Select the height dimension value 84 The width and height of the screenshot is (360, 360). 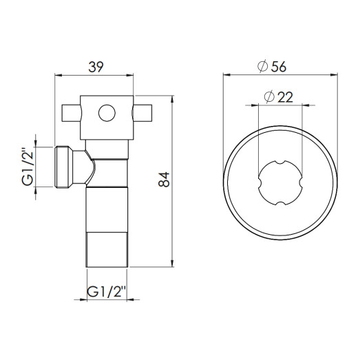point(163,180)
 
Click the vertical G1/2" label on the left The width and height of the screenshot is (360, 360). point(27,167)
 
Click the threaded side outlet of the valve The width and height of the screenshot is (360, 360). point(66,167)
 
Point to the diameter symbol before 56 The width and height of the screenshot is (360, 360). point(263,66)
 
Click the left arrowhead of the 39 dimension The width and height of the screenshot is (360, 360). point(57,74)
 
